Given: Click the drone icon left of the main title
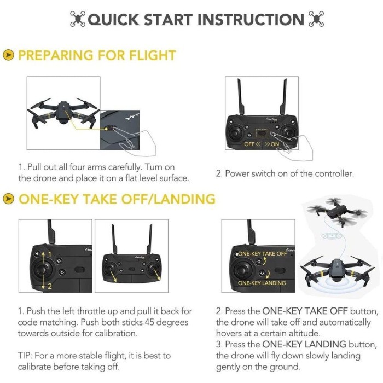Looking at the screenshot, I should click(78, 20).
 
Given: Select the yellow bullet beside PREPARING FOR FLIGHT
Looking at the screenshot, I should click(9, 55).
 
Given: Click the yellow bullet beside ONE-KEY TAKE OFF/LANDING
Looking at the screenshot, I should click(9, 199).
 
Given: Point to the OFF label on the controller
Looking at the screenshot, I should click(249, 144).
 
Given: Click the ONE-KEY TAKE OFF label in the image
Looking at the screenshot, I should click(262, 254).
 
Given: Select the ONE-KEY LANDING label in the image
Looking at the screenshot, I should click(261, 283).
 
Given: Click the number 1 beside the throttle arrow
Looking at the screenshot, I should click(49, 254).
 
